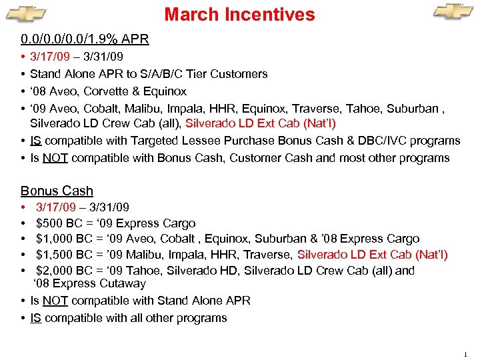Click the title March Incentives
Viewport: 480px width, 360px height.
point(239,14)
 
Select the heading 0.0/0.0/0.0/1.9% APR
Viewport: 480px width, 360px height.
point(85,39)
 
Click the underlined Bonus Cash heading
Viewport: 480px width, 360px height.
point(57,191)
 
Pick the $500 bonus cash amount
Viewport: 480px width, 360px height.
point(49,223)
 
